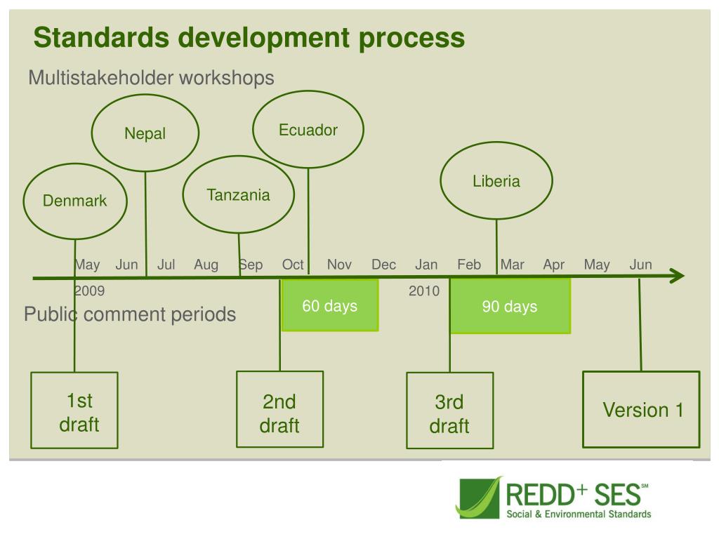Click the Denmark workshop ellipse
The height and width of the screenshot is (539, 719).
[x=75, y=201]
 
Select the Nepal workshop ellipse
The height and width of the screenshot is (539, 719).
[x=145, y=133]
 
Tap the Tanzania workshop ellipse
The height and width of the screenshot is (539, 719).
[x=238, y=195]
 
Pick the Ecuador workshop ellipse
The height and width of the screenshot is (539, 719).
[x=308, y=130]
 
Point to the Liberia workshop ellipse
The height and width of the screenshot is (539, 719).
[x=496, y=182]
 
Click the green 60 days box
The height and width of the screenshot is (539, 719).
[x=329, y=306]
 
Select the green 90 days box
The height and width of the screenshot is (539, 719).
[x=510, y=307]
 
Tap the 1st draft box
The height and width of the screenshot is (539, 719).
[x=74, y=411]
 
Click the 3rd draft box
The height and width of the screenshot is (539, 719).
[x=449, y=411]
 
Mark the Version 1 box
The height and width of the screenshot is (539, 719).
[x=641, y=409]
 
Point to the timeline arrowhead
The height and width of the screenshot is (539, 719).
[x=676, y=277]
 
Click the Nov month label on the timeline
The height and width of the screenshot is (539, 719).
[x=339, y=265]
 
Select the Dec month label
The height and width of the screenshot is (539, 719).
[x=383, y=265]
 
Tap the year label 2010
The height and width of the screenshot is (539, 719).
[x=424, y=291]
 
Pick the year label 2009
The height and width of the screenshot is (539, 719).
[x=89, y=291]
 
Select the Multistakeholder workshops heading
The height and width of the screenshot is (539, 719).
[x=151, y=78]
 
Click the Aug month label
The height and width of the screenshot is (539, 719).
[x=206, y=265]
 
